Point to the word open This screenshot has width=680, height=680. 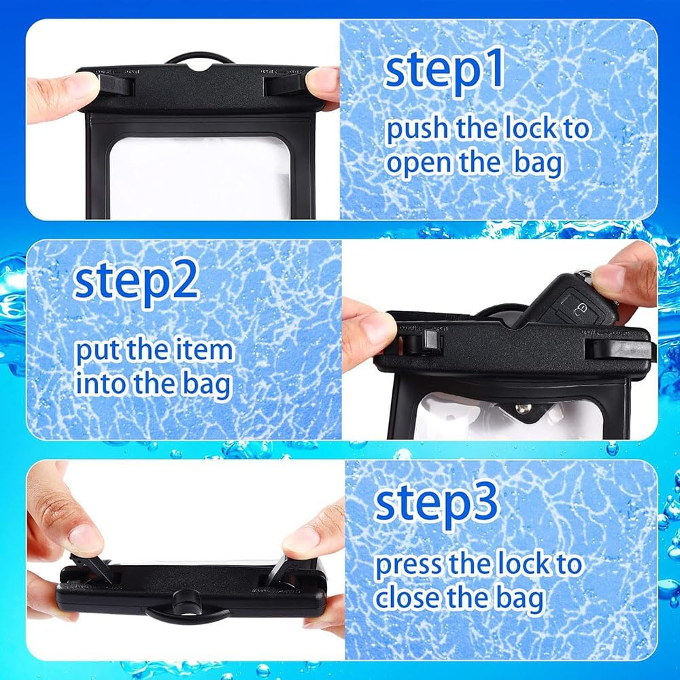425,165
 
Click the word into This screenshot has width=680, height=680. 101,384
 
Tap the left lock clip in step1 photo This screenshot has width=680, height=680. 117,86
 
